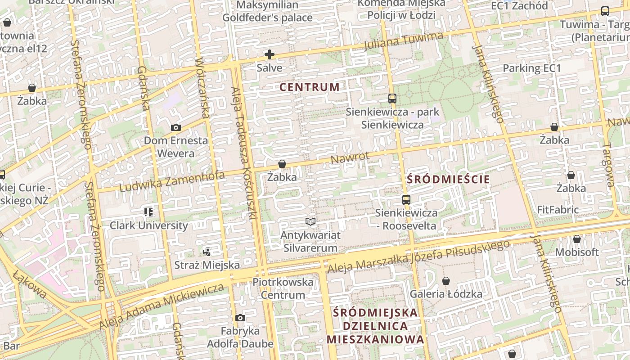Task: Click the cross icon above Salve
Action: [x=270, y=55]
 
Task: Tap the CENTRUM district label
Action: [x=310, y=87]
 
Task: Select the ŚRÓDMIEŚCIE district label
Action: [x=448, y=180]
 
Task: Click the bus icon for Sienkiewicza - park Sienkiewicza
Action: [x=392, y=99]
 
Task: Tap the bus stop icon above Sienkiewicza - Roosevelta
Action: [x=406, y=200]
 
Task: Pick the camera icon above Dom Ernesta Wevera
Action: [x=176, y=128]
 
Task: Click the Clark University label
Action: [x=149, y=225]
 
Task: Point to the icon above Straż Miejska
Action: [x=207, y=252]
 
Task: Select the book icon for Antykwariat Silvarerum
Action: [x=310, y=221]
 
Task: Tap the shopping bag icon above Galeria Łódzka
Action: [x=446, y=281]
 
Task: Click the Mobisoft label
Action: [x=577, y=252]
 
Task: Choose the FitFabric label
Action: [x=558, y=210]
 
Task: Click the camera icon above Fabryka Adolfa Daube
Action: [x=240, y=318]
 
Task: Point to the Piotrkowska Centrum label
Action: [x=283, y=288]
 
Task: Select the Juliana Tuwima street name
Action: [x=403, y=41]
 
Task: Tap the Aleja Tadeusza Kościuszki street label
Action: [x=243, y=153]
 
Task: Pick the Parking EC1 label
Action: [x=532, y=68]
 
